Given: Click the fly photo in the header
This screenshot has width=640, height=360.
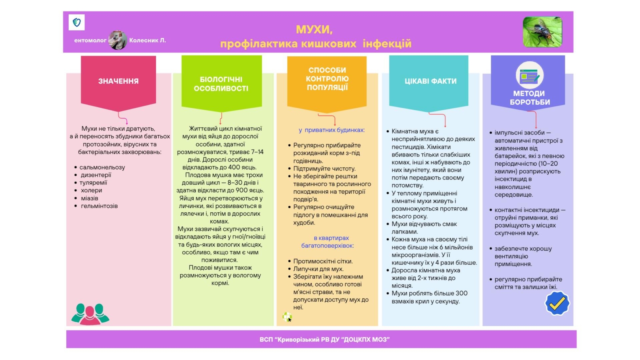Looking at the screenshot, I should (542, 32).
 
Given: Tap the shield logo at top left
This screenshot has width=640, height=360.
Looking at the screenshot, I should (77, 22).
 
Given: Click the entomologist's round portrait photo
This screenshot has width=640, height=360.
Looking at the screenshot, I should (118, 40).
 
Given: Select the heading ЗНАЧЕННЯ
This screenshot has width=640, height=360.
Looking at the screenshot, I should (118, 81).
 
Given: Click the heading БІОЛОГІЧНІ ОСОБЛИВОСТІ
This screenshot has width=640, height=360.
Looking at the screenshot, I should (221, 84).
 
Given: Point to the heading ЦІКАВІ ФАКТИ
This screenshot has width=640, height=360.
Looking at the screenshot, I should (430, 81).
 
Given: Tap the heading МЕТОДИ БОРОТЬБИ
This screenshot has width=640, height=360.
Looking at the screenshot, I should (529, 98).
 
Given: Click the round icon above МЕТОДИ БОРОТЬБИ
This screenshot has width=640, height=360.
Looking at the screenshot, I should (529, 75).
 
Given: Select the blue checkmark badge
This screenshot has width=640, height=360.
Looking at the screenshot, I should (557, 303).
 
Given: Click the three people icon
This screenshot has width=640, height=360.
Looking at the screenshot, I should (90, 314).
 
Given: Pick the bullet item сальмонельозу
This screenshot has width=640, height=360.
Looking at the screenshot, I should (102, 167).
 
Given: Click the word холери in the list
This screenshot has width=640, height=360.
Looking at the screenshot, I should (91, 190).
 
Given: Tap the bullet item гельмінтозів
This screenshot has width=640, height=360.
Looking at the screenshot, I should (99, 206).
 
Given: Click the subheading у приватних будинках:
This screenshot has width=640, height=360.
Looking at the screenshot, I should (332, 130).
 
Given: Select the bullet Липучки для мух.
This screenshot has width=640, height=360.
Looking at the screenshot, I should (318, 269).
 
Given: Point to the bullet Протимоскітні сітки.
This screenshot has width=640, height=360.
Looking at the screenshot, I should (323, 261).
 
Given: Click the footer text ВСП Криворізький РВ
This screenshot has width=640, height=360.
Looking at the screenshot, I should (324, 340).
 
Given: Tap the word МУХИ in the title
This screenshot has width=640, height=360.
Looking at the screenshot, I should (314, 30).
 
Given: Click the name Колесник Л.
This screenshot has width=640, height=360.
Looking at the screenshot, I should (147, 40).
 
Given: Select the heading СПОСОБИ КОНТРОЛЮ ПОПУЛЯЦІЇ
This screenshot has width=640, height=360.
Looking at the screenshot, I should (327, 78).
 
